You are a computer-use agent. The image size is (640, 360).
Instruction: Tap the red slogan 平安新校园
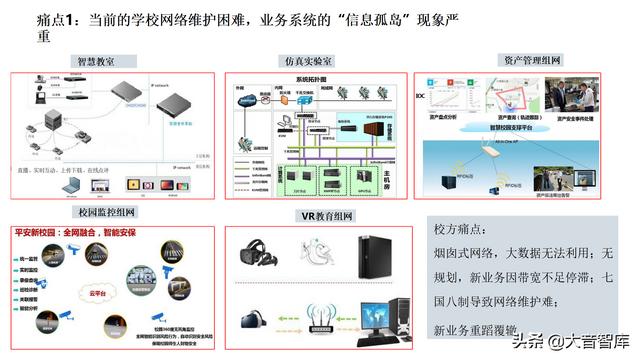coord(38,231)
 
